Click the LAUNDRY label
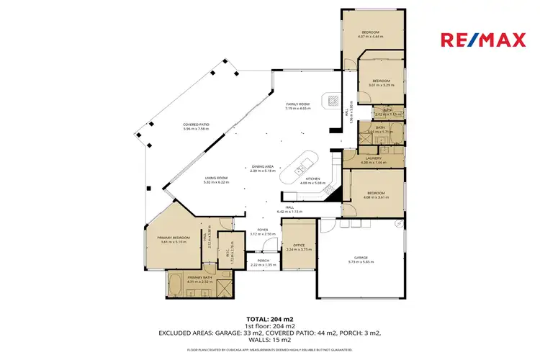[x=373, y=158]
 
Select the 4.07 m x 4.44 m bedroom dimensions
[x=370, y=37]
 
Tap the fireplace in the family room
[x=334, y=100]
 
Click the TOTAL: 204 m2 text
[x=269, y=318]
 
